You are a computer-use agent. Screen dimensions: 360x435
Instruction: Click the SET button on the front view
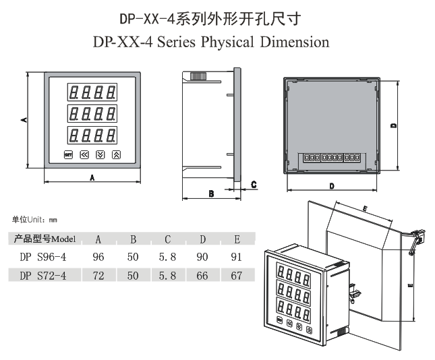[67, 154]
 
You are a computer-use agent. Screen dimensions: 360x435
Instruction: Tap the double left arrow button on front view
[84, 154]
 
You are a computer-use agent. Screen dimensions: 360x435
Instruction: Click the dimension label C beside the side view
[254, 183]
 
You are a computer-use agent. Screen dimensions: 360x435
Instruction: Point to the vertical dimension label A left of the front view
[23, 119]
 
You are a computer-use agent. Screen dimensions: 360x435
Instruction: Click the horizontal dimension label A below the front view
[92, 177]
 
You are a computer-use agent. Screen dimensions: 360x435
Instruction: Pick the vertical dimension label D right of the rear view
[392, 125]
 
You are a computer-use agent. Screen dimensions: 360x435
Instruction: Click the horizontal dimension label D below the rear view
[332, 185]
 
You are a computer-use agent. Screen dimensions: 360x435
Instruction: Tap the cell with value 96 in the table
[98, 257]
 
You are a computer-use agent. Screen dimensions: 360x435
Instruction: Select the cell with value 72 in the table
[98, 275]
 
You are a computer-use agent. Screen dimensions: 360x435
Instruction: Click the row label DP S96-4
[43, 257]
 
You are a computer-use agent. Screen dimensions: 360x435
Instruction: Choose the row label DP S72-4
[43, 275]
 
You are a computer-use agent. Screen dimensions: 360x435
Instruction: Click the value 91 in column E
[236, 257]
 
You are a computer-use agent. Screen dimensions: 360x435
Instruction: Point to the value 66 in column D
[202, 275]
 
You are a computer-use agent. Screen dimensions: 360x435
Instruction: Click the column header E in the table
[236, 239]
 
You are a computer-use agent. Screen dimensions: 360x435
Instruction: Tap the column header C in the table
[167, 239]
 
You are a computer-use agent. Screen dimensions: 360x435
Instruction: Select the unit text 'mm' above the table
[53, 220]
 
